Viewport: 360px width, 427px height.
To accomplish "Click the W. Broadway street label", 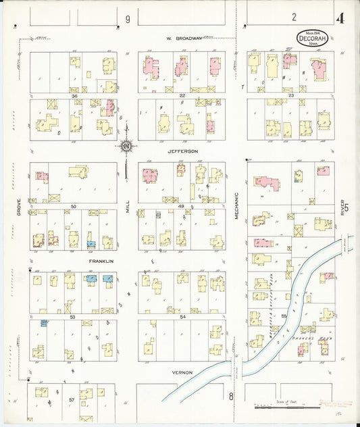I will point(185,39).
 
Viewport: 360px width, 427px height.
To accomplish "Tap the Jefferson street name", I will point(182,151).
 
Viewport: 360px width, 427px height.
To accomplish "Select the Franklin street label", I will point(101,261).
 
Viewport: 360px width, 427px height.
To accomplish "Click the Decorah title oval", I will point(312,38).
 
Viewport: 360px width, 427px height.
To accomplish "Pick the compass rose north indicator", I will point(126,145).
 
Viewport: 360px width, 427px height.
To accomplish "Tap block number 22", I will point(182,96).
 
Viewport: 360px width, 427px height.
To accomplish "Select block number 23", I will point(291,96).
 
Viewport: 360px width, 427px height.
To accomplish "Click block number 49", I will point(182,205).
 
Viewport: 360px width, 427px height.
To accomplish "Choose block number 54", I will point(182,316).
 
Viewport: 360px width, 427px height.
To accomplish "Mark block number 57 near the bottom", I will point(71,401).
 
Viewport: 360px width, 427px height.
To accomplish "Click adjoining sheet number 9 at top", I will point(127,19).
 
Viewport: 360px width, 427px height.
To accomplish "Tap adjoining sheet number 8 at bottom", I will point(230,397).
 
